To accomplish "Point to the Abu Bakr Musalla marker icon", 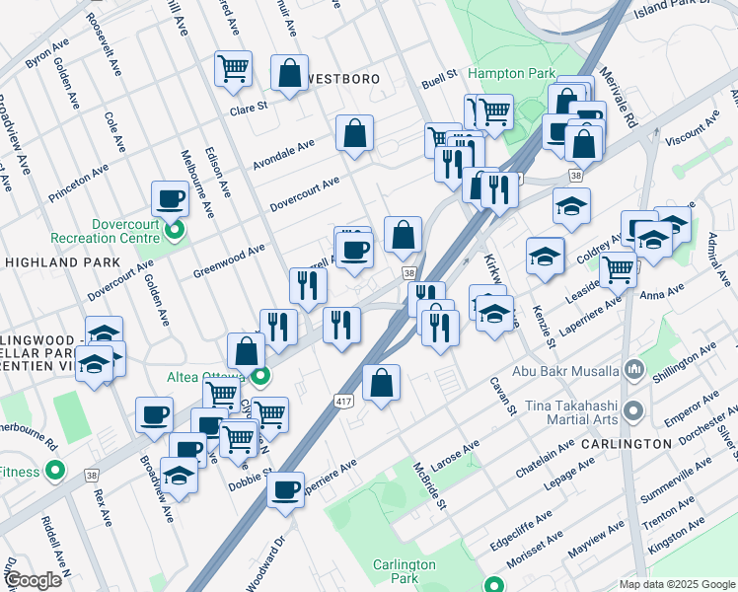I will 633,371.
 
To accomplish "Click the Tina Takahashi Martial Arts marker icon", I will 633,409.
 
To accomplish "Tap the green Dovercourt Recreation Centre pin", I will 175,232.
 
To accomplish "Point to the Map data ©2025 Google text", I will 676,584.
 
